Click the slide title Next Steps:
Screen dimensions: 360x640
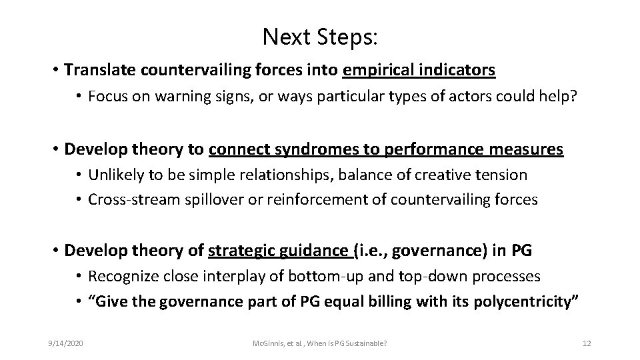click(x=320, y=37)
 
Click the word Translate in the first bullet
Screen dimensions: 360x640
click(x=97, y=69)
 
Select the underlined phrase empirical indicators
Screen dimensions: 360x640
click(x=419, y=69)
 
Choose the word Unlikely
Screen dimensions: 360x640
click(x=114, y=175)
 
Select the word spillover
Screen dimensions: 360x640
click(x=210, y=199)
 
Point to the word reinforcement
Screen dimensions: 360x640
click(x=309, y=199)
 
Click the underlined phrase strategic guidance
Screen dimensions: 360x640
click(x=279, y=250)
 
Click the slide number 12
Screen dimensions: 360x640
click(x=587, y=343)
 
